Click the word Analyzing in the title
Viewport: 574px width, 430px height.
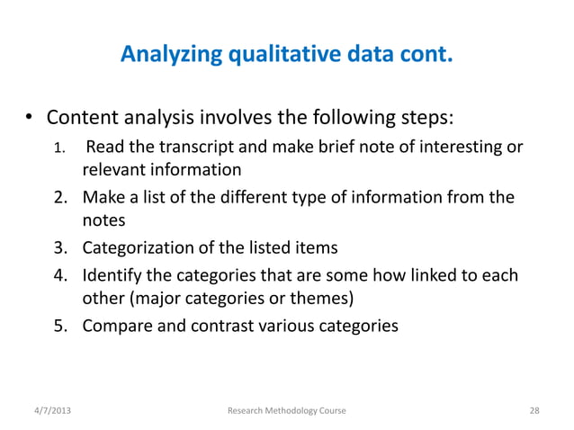[164, 58]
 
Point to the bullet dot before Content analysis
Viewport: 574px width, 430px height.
[29, 119]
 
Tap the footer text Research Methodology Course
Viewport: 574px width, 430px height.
[287, 410]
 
